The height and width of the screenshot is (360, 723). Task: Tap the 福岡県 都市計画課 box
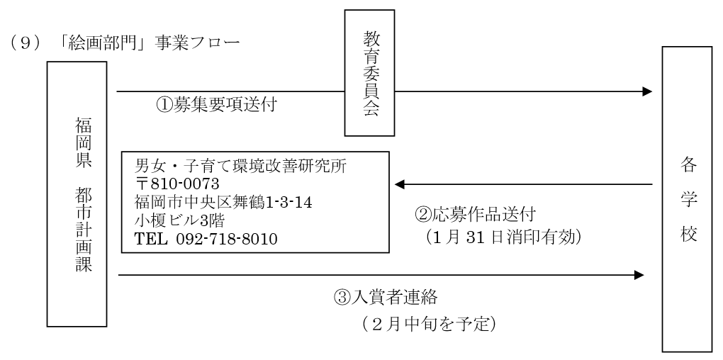tap(77, 193)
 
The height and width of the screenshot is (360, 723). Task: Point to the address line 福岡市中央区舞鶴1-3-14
tap(223, 202)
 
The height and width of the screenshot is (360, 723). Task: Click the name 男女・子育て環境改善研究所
tap(240, 167)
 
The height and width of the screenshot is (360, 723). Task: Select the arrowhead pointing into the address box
tap(400, 185)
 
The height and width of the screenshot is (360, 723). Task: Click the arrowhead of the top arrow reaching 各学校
tap(646, 91)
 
